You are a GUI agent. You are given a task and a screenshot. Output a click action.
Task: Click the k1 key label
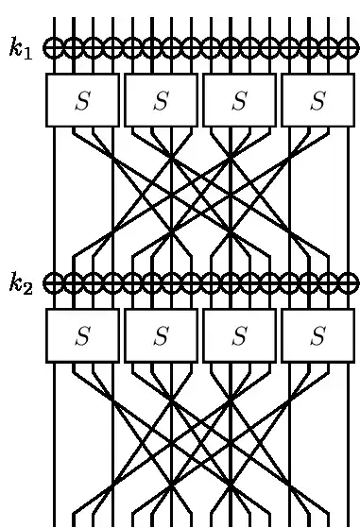point(21,48)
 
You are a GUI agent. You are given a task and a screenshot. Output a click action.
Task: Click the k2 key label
point(21,282)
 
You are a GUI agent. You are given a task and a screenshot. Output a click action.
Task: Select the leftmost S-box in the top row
point(82,100)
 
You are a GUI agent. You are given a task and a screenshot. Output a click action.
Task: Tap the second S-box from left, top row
point(161,100)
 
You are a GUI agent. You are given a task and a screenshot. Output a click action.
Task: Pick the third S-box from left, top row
point(239,100)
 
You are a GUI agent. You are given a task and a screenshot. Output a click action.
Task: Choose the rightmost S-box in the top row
point(317,100)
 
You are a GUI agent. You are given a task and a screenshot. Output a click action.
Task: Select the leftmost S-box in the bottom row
point(82,335)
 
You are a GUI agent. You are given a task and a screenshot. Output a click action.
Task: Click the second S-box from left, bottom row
point(161,335)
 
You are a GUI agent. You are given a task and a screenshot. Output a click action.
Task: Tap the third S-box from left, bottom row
point(239,335)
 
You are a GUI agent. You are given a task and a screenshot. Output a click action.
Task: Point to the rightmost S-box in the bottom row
point(317,335)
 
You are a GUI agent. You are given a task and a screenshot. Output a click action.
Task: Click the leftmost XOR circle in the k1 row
point(54,47)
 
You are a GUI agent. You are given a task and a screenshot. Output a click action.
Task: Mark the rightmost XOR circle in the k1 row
point(348,47)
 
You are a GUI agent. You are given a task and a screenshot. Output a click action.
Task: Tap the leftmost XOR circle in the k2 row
point(54,282)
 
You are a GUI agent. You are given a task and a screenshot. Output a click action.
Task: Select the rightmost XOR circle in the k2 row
point(348,282)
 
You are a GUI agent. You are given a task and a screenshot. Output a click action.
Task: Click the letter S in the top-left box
point(82,101)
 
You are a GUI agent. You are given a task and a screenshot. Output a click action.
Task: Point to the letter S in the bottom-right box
point(317,336)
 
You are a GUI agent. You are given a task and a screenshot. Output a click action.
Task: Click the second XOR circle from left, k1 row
point(74,47)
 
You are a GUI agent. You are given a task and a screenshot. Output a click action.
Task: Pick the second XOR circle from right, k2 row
point(328,282)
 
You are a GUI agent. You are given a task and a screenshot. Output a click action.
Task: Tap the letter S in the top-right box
point(317,101)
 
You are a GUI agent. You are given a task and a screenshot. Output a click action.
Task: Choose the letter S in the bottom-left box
point(82,336)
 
